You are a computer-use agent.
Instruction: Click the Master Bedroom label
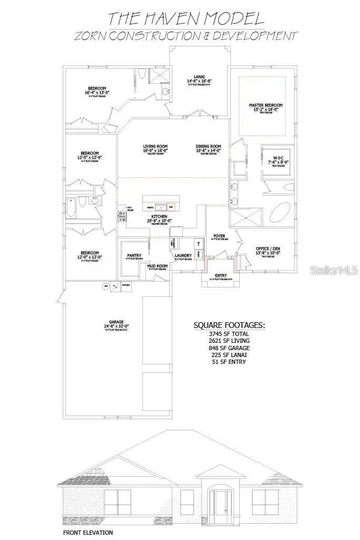pyautogui.click(x=266, y=105)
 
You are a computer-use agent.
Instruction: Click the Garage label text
pyautogui.click(x=116, y=322)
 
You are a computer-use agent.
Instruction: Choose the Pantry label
pyautogui.click(x=134, y=256)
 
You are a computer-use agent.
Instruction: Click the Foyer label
pyautogui.click(x=219, y=236)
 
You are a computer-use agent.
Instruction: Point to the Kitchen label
pyautogui.click(x=159, y=217)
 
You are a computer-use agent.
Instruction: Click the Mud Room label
pyautogui.click(x=157, y=266)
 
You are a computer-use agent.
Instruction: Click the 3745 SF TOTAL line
pyautogui.click(x=229, y=334)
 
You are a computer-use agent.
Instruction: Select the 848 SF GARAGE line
pyautogui.click(x=229, y=348)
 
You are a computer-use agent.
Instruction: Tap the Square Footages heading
pyautogui.click(x=229, y=324)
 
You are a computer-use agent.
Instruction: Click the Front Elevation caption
pyautogui.click(x=87, y=533)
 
